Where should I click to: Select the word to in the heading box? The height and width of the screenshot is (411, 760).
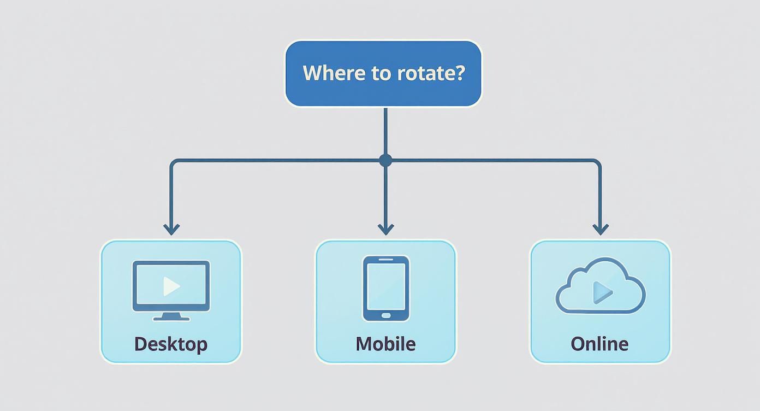coord(381,73)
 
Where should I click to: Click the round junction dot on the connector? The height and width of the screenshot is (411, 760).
coord(385,160)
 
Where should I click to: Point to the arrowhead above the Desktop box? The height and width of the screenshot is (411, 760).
coord(171,229)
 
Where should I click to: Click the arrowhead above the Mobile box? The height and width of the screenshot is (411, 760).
coord(385,229)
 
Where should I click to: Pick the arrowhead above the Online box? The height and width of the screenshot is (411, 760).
coord(601,229)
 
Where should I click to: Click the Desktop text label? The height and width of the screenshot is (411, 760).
coord(171,344)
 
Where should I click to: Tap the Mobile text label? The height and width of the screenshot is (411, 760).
coord(385,344)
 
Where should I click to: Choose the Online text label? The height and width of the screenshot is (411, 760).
coord(599,344)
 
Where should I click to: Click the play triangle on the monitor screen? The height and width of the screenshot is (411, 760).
coord(171,285)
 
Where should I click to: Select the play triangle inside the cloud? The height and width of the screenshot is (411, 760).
coord(602,292)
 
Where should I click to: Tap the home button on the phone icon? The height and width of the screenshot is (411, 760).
coord(386,315)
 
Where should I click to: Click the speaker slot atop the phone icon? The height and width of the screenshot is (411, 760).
coord(386,260)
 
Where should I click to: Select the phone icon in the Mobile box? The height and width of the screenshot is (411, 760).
coord(386,288)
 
